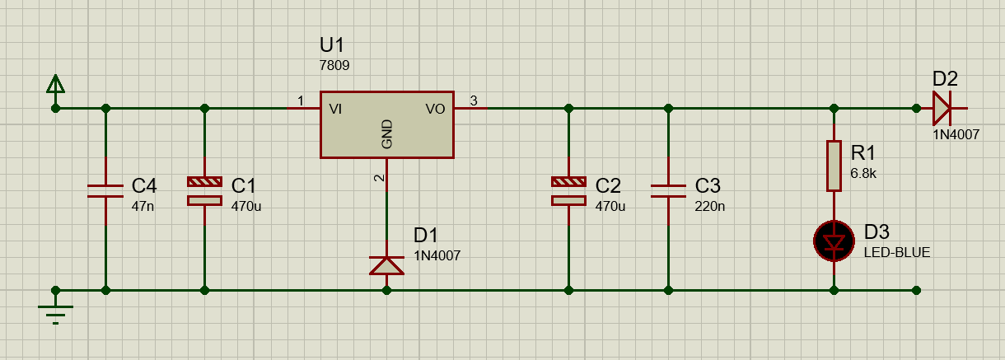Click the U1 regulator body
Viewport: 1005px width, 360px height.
(386, 124)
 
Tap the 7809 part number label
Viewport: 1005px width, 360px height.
(334, 66)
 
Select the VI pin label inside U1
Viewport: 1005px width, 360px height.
(335, 109)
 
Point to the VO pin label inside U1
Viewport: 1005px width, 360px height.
(435, 109)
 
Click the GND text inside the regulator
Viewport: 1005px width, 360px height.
(386, 133)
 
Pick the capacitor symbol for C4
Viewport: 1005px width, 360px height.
(105, 191)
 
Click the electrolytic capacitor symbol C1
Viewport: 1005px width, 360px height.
(204, 191)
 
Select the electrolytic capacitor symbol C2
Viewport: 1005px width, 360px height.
(568, 191)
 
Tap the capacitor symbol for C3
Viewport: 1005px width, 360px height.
(668, 191)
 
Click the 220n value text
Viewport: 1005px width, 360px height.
(710, 206)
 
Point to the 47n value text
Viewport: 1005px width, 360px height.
(143, 206)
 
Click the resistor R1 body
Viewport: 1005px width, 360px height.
(834, 166)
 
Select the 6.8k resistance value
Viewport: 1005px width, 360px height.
(863, 173)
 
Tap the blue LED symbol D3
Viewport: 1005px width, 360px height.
(834, 241)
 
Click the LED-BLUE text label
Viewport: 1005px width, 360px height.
(897, 252)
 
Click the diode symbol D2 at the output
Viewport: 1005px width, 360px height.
(941, 108)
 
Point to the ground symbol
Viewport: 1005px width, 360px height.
(55, 310)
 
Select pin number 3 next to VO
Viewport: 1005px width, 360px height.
(474, 101)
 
